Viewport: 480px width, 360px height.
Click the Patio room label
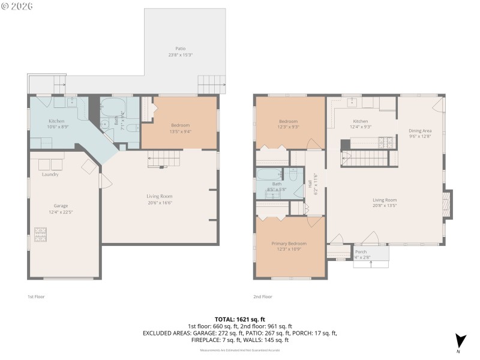(x=180, y=49)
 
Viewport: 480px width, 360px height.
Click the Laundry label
(x=50, y=175)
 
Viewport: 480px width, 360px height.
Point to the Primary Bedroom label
(x=289, y=243)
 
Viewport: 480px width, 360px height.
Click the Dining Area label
(x=420, y=130)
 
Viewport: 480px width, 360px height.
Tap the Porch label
(x=361, y=252)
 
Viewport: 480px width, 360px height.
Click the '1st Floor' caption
(x=36, y=296)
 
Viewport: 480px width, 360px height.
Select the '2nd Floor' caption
(x=263, y=296)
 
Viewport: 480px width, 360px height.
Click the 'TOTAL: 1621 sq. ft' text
(x=240, y=319)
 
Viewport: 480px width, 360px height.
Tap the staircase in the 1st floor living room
(x=164, y=159)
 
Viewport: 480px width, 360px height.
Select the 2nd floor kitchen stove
(x=385, y=143)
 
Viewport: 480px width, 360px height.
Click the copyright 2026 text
(x=17, y=6)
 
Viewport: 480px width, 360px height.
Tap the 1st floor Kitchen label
(x=56, y=121)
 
